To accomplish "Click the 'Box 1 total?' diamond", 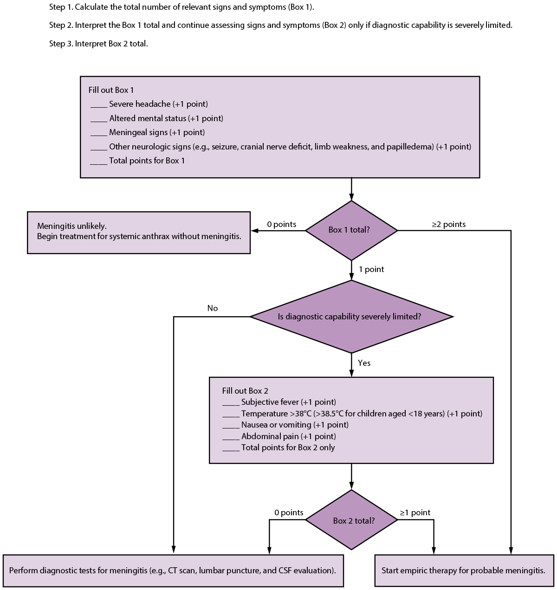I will click(x=351, y=230).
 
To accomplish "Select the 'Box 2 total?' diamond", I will click(x=351, y=520).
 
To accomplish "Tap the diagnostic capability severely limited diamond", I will click(x=351, y=317).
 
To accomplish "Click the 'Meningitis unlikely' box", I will click(x=139, y=232).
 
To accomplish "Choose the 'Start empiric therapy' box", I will click(x=464, y=570).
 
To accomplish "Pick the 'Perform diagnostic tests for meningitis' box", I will click(x=173, y=570).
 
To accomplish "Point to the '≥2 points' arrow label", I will click(x=449, y=224).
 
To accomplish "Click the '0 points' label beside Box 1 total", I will click(x=281, y=224).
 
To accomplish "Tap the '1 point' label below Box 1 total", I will click(x=371, y=269).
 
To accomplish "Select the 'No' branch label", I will click(x=213, y=308).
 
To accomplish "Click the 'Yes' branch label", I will click(x=364, y=363).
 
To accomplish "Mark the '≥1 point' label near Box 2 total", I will click(x=415, y=512).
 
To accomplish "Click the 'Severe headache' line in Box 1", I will click(x=158, y=104).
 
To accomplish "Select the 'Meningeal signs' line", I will click(x=157, y=132).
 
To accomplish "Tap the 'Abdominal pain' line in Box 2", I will click(x=288, y=436).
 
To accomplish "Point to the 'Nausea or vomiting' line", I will click(x=294, y=425).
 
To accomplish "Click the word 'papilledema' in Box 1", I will click(x=410, y=147).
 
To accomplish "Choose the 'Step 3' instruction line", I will click(x=98, y=44).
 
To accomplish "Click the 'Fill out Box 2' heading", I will click(x=245, y=391).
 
